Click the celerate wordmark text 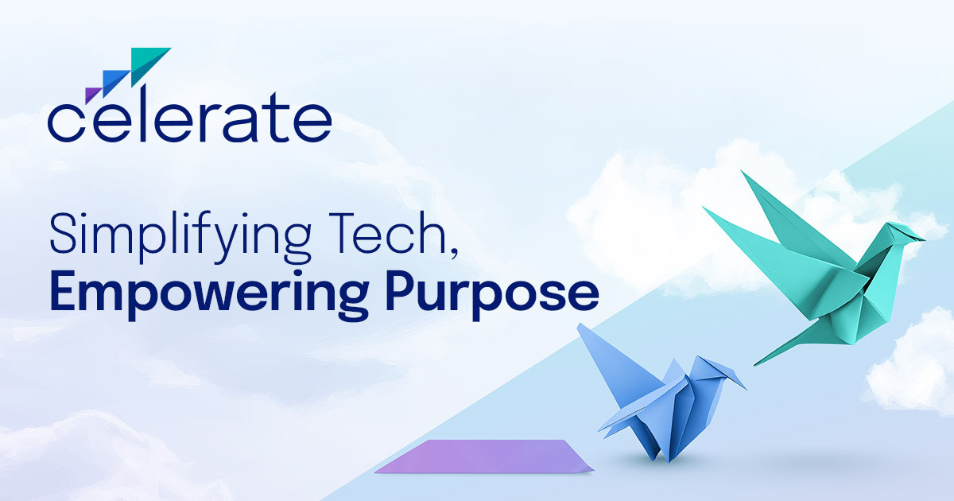coord(190,115)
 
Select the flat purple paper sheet coord(485,456)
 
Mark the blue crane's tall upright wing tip coord(580,325)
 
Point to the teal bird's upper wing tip coord(743,172)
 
